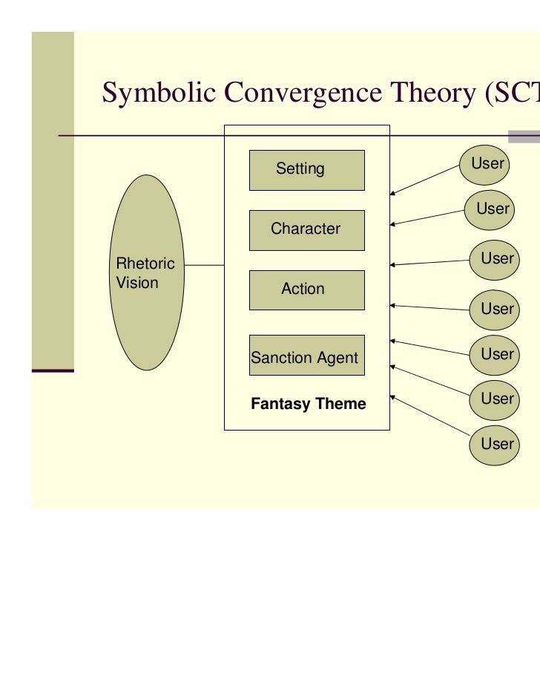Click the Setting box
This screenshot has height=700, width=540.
306,170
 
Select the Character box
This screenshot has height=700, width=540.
306,229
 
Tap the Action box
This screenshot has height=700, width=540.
306,290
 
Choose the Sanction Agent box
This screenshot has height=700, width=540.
306,355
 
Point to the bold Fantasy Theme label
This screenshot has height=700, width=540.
309,404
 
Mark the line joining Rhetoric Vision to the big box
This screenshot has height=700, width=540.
204,265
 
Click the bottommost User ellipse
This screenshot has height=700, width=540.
496,444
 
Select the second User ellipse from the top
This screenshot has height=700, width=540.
491,209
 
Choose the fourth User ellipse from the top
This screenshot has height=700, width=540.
496,309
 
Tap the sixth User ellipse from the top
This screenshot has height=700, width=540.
496,399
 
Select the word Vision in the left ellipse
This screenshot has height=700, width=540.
137,283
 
